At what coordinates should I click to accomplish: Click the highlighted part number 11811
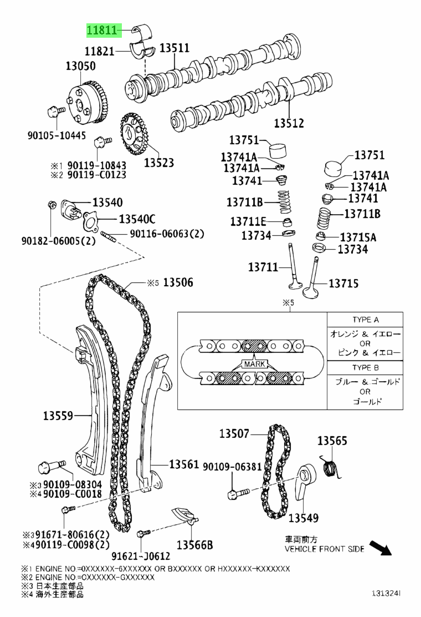(102, 30)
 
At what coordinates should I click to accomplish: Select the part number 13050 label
(80, 66)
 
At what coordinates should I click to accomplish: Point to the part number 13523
(159, 163)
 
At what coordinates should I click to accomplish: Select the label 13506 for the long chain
(178, 282)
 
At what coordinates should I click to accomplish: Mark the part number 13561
(184, 464)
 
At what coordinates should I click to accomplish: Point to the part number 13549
(304, 518)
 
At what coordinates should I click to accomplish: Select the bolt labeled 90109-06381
(233, 492)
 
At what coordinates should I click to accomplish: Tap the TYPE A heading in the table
(365, 320)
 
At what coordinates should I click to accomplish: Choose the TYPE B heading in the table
(365, 368)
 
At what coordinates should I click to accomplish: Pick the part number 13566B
(195, 545)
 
